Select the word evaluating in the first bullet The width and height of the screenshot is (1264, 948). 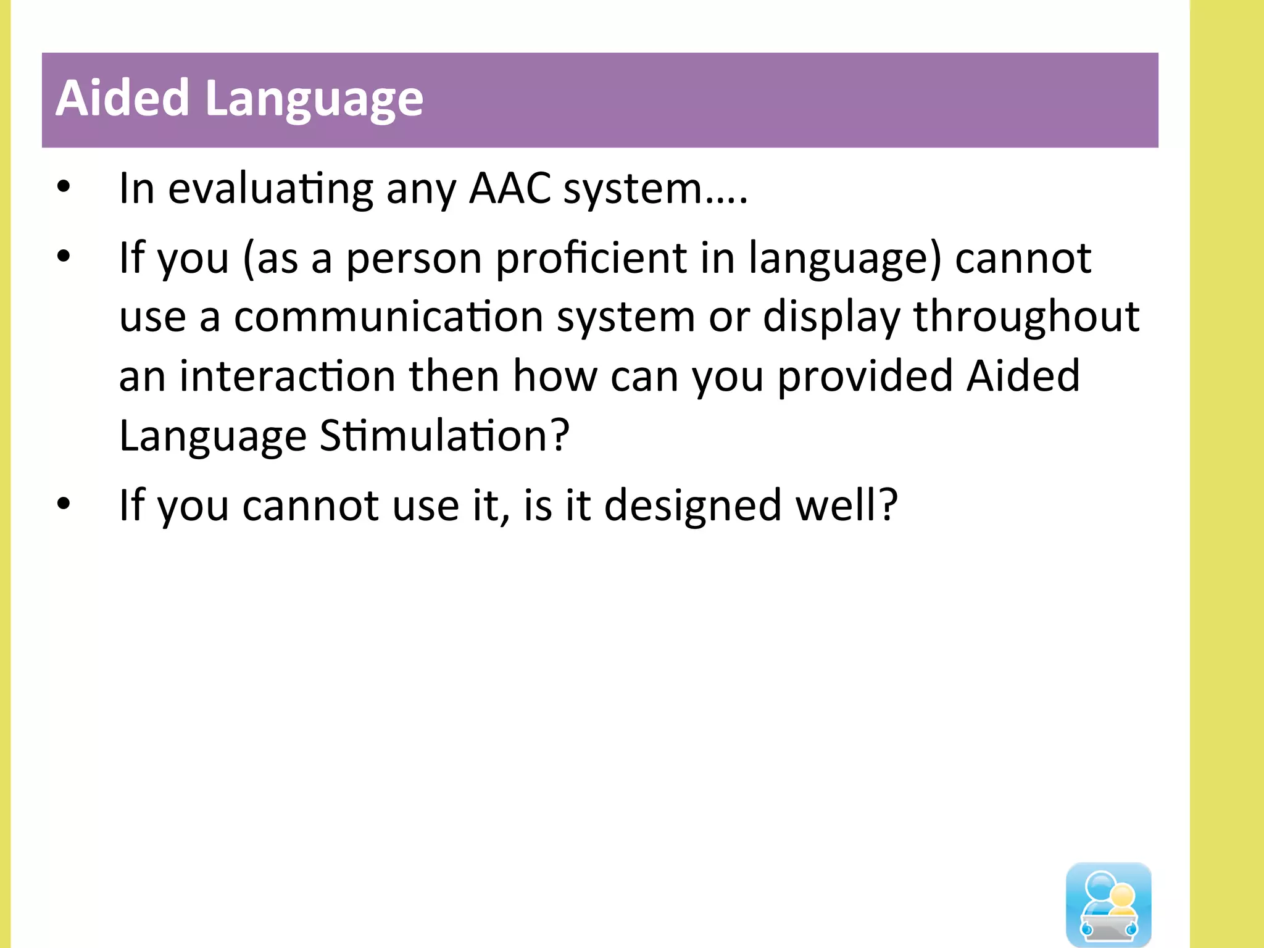(270, 189)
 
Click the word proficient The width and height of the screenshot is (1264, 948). (591, 258)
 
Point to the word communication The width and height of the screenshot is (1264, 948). (388, 317)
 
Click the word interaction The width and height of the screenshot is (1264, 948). (288, 376)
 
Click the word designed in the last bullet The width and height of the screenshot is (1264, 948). (692, 505)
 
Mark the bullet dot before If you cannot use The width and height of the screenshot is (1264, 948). (64, 504)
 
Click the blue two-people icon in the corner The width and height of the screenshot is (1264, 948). (1108, 904)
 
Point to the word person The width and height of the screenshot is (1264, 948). (414, 259)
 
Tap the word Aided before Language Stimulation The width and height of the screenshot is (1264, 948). (1023, 376)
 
